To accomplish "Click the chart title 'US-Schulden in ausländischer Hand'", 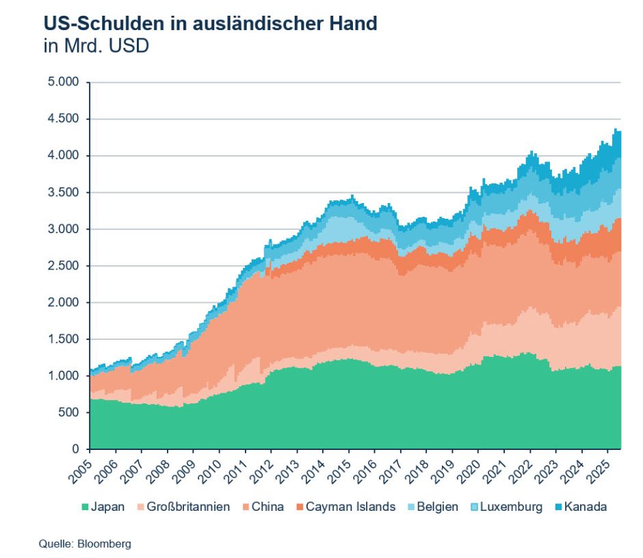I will [x=211, y=23].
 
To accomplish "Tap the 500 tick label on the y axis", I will [x=71, y=412].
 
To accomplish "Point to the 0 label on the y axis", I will [x=77, y=449].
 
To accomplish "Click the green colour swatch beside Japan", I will [x=85, y=507].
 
